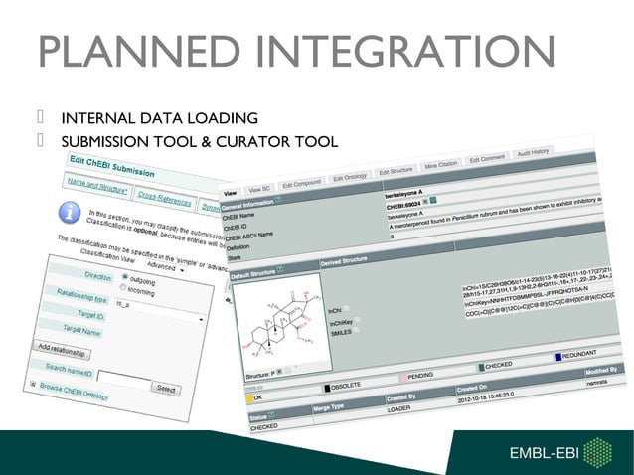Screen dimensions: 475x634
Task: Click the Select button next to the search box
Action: click(x=166, y=389)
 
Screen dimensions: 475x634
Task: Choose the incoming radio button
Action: click(x=126, y=290)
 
